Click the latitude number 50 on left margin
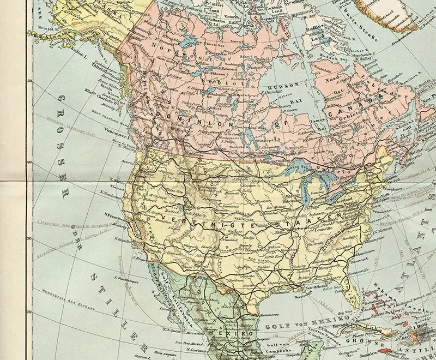(x=30, y=81)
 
